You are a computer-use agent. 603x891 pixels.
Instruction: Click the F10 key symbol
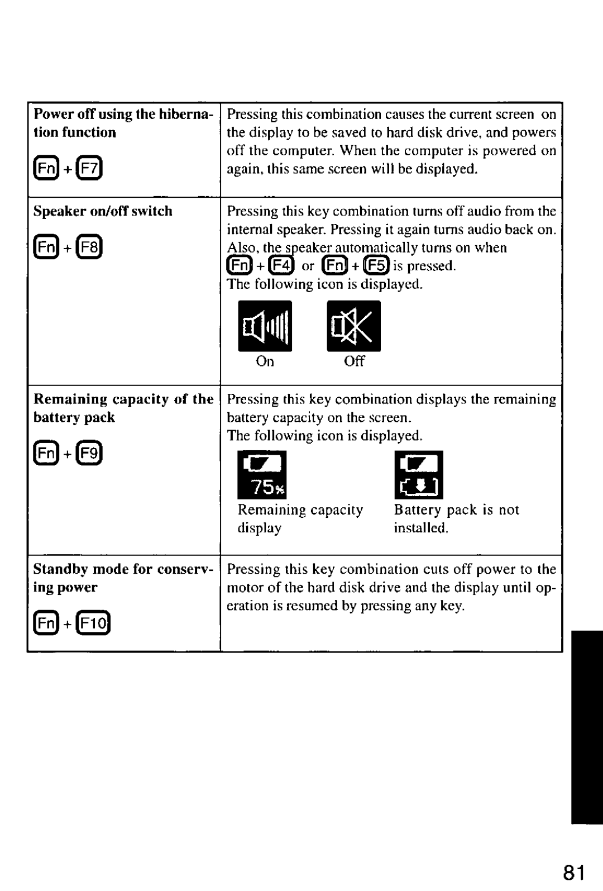pyautogui.click(x=94, y=623)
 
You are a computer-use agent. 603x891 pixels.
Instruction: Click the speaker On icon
pyautogui.click(x=265, y=326)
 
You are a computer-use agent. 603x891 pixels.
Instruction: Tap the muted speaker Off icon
pyautogui.click(x=354, y=326)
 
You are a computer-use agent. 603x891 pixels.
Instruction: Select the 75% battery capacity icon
pyautogui.click(x=262, y=475)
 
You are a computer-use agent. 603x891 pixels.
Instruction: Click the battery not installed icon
pyautogui.click(x=419, y=475)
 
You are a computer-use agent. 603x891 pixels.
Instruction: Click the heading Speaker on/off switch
pyautogui.click(x=103, y=211)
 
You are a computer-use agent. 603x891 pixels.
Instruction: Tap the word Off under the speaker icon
pyautogui.click(x=354, y=361)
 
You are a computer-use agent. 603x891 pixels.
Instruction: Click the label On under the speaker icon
pyautogui.click(x=265, y=361)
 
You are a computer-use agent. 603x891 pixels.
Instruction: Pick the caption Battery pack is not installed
pyautogui.click(x=456, y=518)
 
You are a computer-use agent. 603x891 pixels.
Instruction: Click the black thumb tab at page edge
pyautogui.click(x=587, y=726)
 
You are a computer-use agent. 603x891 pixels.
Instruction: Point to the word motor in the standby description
pyautogui.click(x=243, y=588)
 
